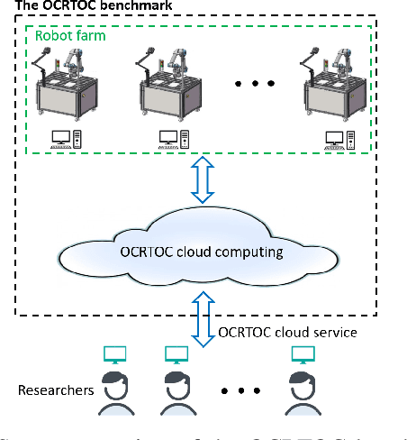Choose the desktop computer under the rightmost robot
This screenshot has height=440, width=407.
pyautogui.click(x=340, y=139)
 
